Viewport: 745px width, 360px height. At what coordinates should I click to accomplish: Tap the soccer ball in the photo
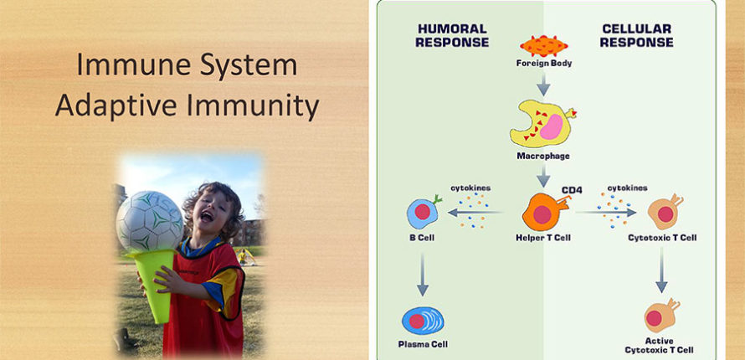click(149, 221)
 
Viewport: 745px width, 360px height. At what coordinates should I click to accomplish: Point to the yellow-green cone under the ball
click(157, 283)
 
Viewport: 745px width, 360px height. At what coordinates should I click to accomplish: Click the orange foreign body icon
click(543, 46)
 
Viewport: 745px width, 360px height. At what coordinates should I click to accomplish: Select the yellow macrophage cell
click(542, 123)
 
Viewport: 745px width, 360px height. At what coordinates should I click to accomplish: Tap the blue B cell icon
click(422, 211)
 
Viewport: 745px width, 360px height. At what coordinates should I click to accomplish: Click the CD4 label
click(572, 190)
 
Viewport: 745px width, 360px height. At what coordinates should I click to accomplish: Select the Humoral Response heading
click(452, 36)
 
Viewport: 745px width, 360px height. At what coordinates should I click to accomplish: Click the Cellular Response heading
click(636, 36)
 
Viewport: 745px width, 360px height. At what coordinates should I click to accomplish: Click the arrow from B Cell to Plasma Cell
click(422, 274)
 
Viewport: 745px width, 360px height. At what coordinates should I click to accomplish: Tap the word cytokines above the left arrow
click(470, 188)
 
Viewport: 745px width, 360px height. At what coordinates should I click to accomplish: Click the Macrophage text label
click(543, 156)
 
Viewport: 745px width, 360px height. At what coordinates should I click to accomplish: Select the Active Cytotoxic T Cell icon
click(661, 315)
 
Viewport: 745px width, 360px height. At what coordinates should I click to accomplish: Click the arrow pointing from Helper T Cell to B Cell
click(475, 213)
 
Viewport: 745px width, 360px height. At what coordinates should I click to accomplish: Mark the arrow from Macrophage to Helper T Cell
click(543, 175)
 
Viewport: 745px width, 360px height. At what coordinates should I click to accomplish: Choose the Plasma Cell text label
click(423, 344)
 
